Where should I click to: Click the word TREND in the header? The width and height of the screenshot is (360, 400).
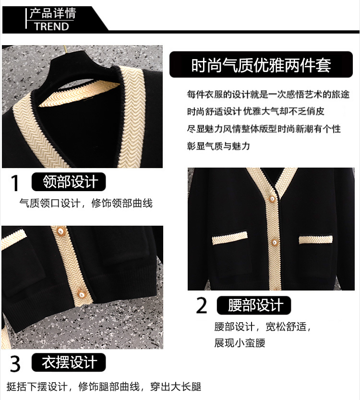[x=52, y=26]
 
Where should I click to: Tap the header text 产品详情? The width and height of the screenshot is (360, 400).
[x=53, y=13]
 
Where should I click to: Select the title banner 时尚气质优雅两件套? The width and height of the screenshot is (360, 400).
[x=261, y=65]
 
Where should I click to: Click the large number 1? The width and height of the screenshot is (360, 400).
[x=15, y=182]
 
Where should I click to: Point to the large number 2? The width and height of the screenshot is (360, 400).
[x=202, y=305]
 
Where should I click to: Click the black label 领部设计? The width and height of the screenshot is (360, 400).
[x=69, y=182]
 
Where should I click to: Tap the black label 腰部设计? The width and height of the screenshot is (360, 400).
[x=254, y=305]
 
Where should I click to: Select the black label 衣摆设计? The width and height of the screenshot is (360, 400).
[x=69, y=362]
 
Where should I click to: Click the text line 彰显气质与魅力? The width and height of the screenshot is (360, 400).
[x=218, y=146]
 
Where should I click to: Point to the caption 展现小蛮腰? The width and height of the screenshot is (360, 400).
[x=240, y=343]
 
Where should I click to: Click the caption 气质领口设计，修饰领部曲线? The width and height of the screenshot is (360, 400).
[x=86, y=203]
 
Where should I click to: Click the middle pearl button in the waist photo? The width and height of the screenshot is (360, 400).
[x=275, y=242]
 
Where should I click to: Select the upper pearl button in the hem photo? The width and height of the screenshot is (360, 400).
[x=60, y=231]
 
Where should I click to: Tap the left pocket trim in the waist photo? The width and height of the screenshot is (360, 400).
[x=230, y=238]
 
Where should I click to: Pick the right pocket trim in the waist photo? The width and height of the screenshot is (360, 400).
[x=316, y=239]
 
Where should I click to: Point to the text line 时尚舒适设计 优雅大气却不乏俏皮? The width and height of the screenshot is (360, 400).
[x=255, y=111]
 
